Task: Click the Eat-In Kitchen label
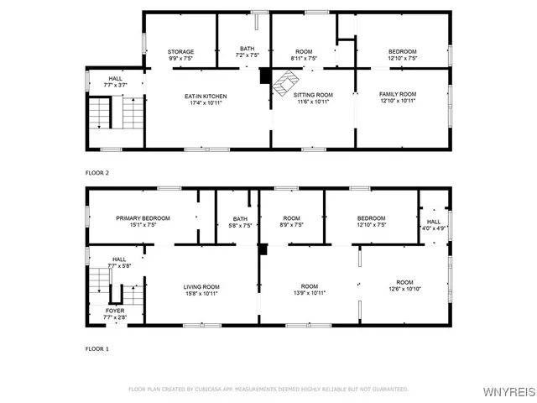[206, 97]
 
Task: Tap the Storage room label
[180, 52]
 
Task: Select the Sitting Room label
[312, 96]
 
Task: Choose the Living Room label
[201, 287]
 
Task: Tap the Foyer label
[115, 310]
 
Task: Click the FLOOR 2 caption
[97, 173]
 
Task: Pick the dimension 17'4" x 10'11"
[206, 104]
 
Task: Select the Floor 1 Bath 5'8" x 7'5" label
[240, 222]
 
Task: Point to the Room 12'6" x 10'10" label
[404, 285]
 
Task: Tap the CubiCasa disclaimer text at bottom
[268, 390]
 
